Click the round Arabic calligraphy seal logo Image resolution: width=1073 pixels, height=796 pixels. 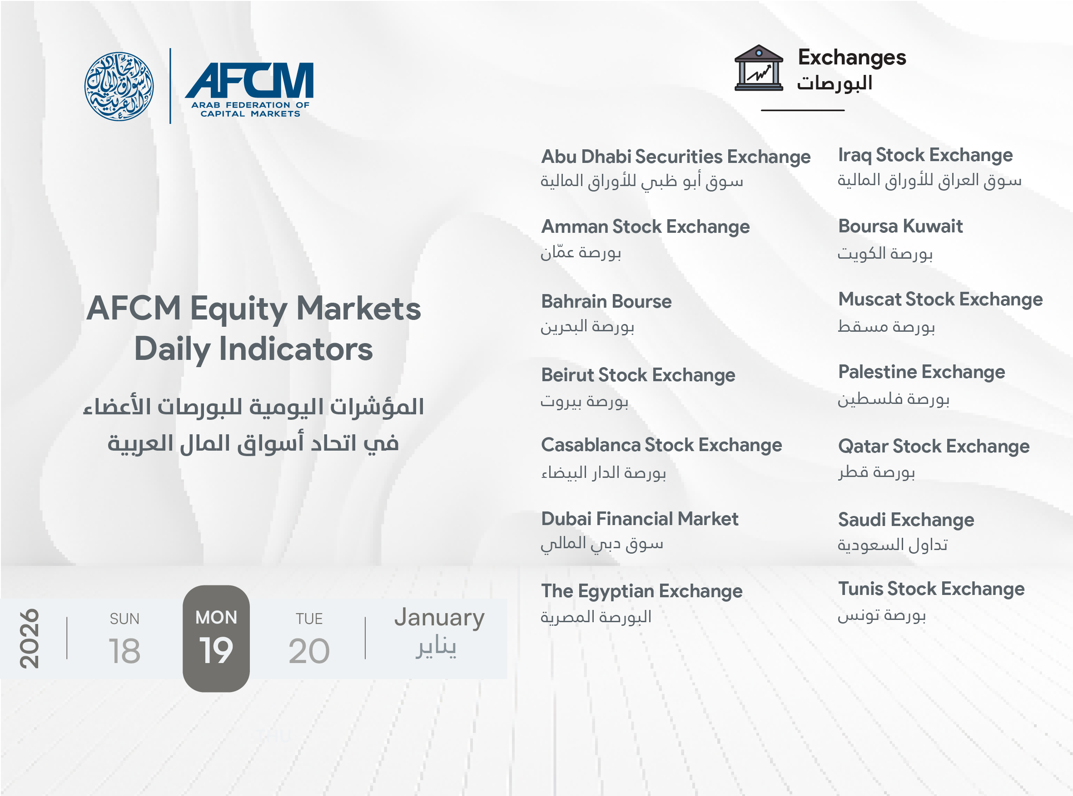click(x=119, y=86)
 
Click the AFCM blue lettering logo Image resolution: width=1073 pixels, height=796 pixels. click(x=249, y=89)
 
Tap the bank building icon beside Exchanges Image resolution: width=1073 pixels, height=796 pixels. click(x=758, y=68)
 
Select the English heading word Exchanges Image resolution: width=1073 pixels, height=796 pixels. click(x=852, y=57)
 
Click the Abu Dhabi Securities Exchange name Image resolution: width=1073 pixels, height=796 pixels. click(x=676, y=157)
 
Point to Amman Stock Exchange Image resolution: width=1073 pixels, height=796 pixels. click(x=645, y=227)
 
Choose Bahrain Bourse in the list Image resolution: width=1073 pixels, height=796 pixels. click(x=606, y=302)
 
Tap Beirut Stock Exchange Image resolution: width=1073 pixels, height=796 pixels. click(x=638, y=375)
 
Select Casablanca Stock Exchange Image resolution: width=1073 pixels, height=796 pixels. click(x=661, y=445)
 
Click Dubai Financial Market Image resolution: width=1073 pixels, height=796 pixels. click(x=640, y=519)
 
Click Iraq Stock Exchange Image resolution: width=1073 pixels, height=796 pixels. click(x=925, y=155)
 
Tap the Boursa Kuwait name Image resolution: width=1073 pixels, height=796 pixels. click(x=900, y=226)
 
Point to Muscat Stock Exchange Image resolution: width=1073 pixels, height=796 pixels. click(x=940, y=300)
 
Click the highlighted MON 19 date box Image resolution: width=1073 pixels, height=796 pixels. click(x=216, y=639)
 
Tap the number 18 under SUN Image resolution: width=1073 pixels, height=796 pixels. click(x=124, y=651)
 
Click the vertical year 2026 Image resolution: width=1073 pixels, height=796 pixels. click(x=29, y=639)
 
